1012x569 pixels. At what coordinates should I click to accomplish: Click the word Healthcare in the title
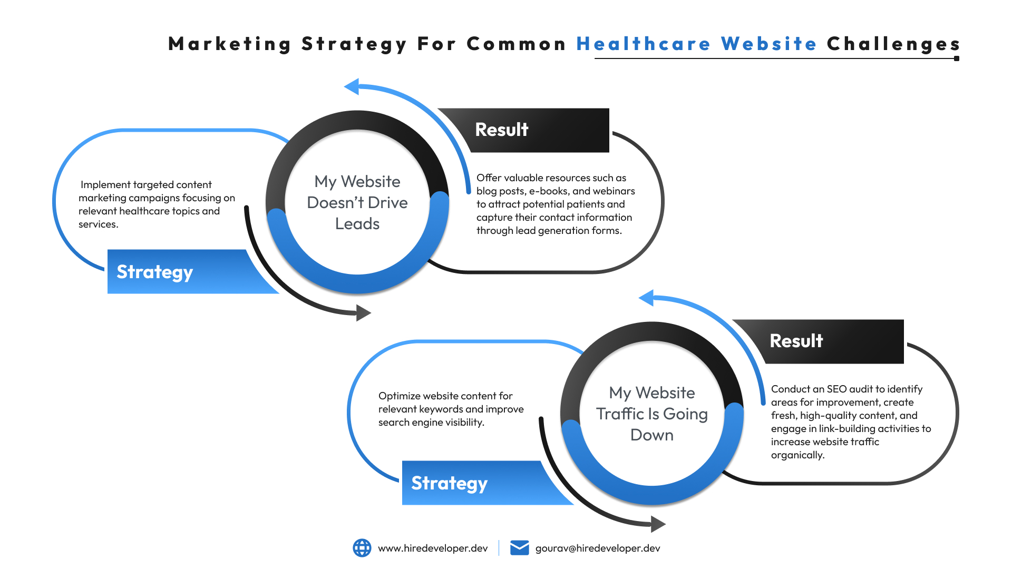(643, 44)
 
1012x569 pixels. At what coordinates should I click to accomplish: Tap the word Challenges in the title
(893, 44)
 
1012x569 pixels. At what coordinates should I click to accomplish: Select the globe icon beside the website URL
(362, 548)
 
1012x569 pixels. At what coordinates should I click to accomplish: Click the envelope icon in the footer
(519, 548)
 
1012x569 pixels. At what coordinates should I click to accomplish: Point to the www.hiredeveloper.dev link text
(433, 548)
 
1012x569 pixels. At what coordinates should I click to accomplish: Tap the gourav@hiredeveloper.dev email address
(598, 548)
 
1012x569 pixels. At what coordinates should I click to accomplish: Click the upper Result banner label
(501, 130)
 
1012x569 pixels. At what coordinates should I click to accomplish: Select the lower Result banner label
(796, 341)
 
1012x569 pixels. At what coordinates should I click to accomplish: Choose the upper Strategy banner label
(154, 272)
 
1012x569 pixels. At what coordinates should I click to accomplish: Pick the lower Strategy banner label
(449, 483)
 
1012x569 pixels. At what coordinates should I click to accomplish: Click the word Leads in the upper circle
(357, 224)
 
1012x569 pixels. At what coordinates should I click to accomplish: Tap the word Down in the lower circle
(652, 435)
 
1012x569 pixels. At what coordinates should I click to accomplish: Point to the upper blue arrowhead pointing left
(352, 86)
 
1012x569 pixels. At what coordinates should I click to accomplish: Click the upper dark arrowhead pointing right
(363, 313)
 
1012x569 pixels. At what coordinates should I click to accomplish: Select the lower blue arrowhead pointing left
(647, 298)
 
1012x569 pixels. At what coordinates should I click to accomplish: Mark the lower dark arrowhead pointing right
(658, 524)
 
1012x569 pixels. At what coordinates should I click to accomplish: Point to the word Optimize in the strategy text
(398, 396)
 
